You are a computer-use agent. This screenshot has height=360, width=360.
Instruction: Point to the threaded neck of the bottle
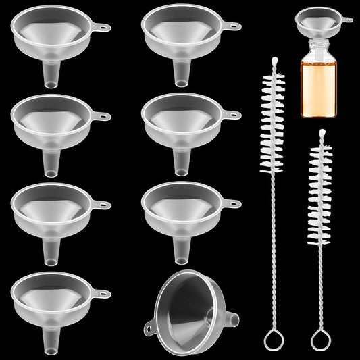(x=320, y=49)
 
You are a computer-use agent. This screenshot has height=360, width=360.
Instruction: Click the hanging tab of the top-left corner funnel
(x=101, y=28)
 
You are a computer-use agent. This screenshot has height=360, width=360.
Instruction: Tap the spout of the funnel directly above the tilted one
(x=180, y=249)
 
